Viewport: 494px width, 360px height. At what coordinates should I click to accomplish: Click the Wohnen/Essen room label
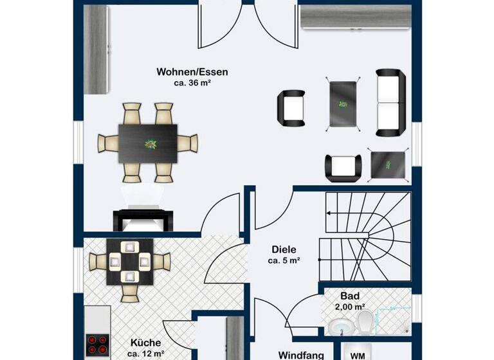pyautogui.click(x=192, y=72)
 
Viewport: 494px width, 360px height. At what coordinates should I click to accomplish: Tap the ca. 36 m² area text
pyautogui.click(x=192, y=83)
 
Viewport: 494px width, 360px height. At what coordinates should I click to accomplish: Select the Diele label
pyautogui.click(x=284, y=249)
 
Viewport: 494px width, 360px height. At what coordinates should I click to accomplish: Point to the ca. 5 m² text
pyautogui.click(x=284, y=260)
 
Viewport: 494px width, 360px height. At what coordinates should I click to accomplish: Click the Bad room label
pyautogui.click(x=351, y=296)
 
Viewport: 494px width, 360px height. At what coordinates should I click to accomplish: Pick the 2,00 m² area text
pyautogui.click(x=351, y=307)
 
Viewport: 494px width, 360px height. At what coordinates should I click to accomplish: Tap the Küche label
pyautogui.click(x=145, y=343)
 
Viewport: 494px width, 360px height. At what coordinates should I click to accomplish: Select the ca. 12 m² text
pyautogui.click(x=145, y=354)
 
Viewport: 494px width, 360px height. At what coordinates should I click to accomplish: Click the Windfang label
pyautogui.click(x=300, y=354)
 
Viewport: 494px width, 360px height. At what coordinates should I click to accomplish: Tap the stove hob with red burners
pyautogui.click(x=97, y=345)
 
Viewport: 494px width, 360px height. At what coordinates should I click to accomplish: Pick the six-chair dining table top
pyautogui.click(x=148, y=143)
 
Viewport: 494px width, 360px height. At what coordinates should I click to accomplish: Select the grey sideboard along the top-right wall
pyautogui.click(x=355, y=17)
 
